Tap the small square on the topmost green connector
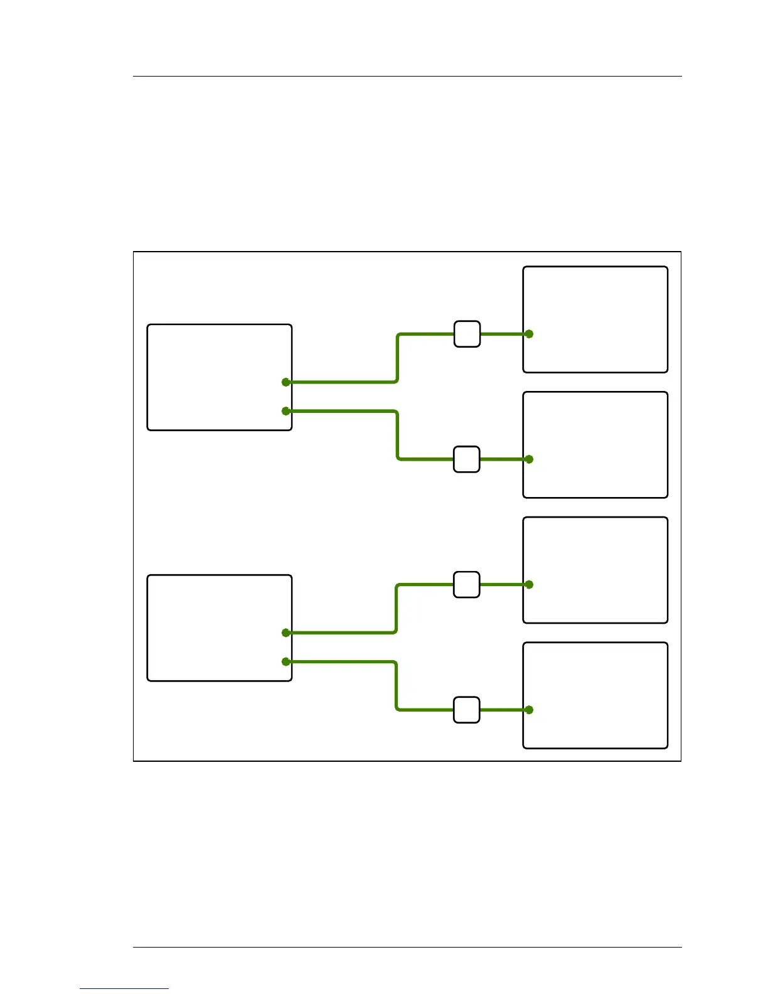[467, 334]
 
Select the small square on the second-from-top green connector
[467, 459]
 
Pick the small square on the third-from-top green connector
[467, 584]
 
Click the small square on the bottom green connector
[467, 710]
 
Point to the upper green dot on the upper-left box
[286, 382]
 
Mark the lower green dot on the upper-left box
[286, 411]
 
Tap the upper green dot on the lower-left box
[286, 633]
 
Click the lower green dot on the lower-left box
[286, 661]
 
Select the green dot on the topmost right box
[529, 334]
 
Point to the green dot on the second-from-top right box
[529, 459]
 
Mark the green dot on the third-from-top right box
[529, 584]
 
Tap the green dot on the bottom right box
[529, 710]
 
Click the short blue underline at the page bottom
[124, 989]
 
